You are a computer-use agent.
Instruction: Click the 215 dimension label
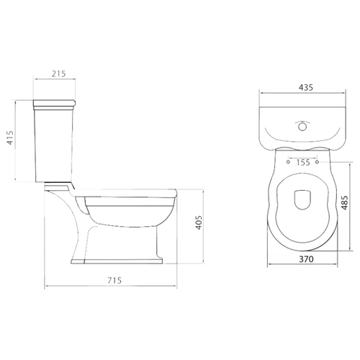pos(59,73)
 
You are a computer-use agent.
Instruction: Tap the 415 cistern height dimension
pos(10,138)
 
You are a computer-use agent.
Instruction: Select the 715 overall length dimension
pos(114,280)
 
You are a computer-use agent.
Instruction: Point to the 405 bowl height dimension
pos(199,222)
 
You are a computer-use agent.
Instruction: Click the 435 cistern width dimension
pos(306,88)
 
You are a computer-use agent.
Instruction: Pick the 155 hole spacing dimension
pos(303,163)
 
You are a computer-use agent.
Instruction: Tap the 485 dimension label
pos(344,203)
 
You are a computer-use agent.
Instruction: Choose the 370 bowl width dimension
pos(306,259)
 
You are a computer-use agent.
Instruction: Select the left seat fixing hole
pos(288,162)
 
